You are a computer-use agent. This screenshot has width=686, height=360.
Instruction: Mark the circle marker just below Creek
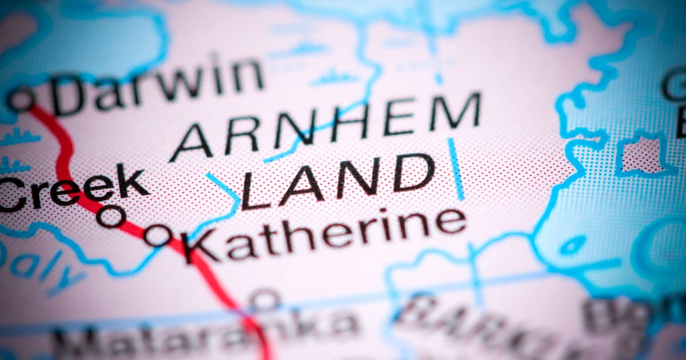tap(111, 216)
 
